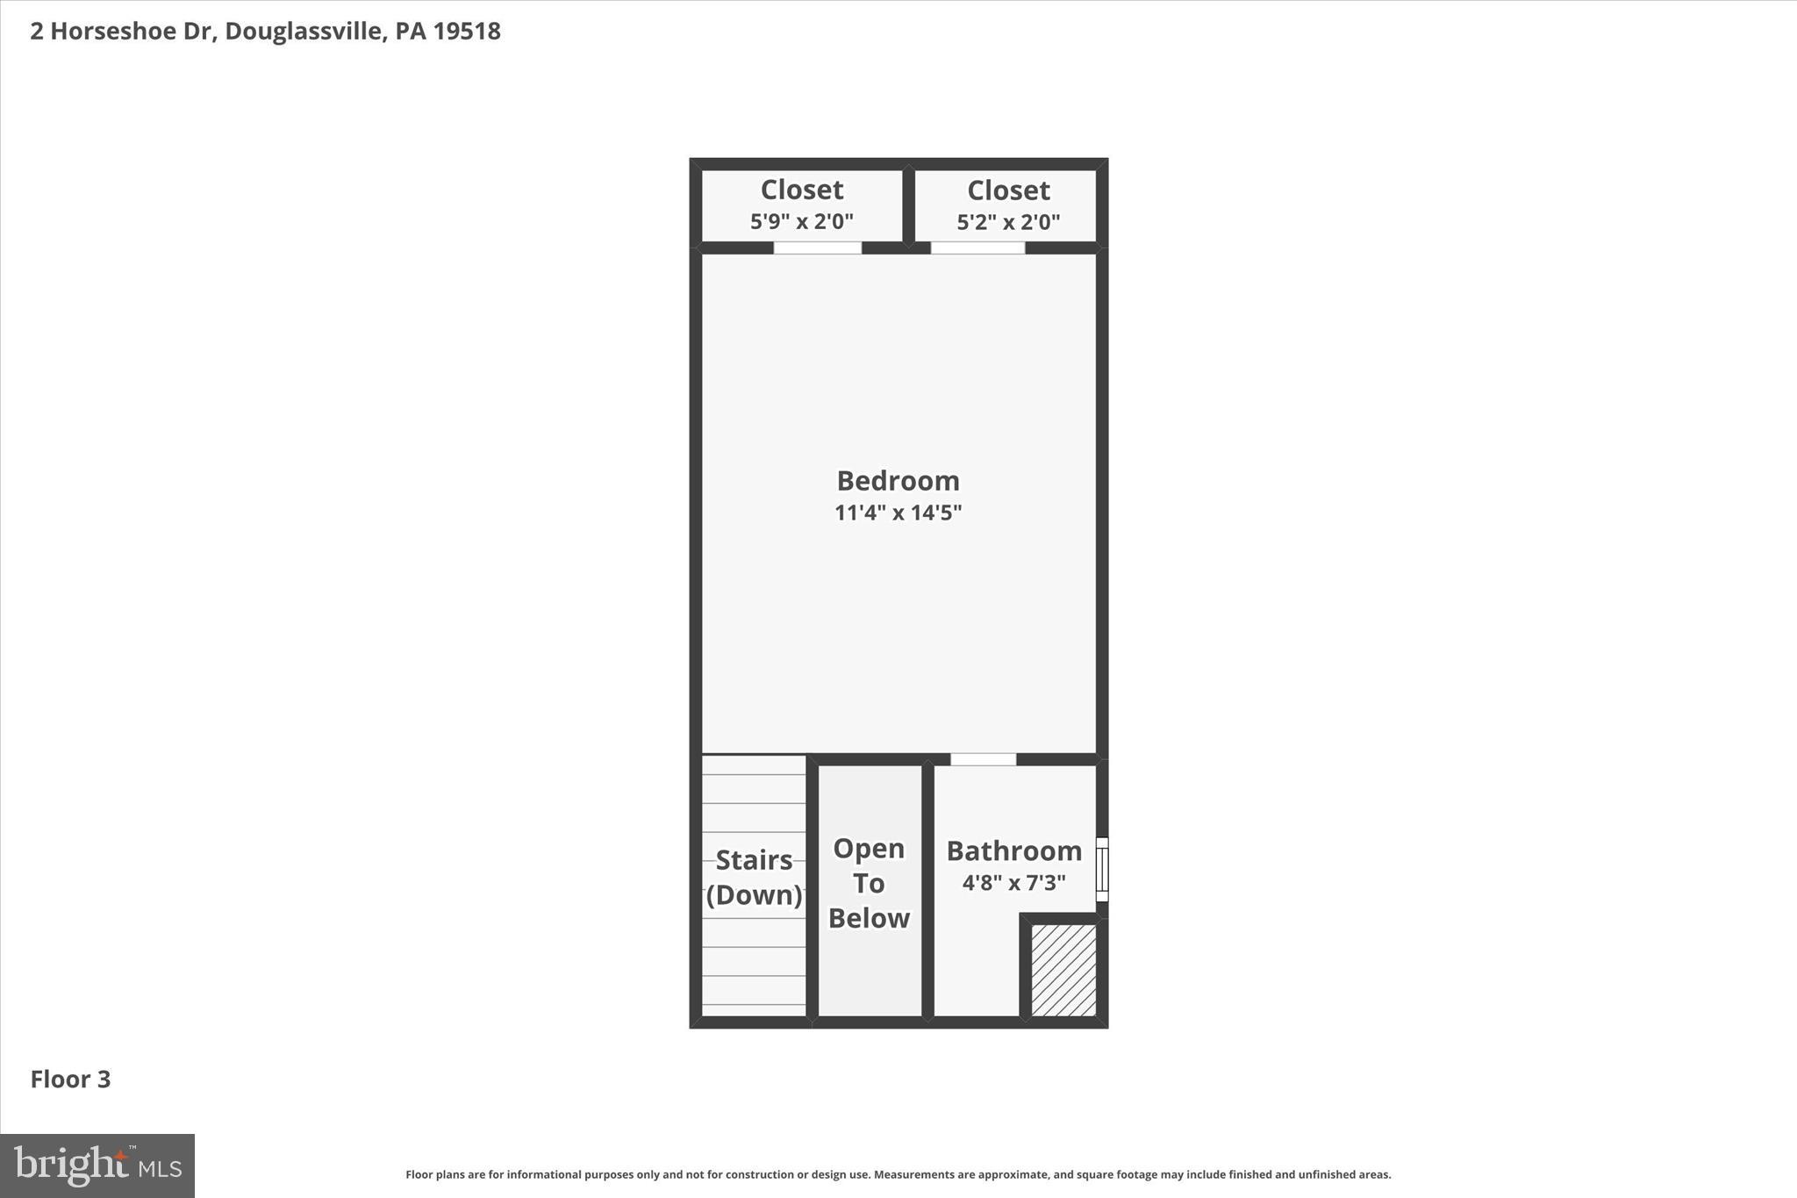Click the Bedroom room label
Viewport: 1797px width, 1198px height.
(898, 481)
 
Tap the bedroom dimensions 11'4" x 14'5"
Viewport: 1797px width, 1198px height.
(898, 513)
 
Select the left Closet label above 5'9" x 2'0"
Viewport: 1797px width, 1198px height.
(802, 190)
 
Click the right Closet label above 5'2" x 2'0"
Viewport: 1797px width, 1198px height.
(1008, 190)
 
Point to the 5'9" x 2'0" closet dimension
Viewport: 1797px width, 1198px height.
(802, 221)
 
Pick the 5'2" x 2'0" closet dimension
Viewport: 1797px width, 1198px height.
(1008, 222)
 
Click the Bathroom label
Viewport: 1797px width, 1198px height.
(1013, 850)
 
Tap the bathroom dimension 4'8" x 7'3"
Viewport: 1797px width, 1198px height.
(1013, 883)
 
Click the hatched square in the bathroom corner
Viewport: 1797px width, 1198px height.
(1063, 970)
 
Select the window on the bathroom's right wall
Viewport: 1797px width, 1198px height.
(1102, 869)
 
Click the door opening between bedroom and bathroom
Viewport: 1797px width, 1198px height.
(983, 759)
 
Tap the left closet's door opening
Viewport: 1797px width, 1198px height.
(817, 247)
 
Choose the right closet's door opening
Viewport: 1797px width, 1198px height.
(977, 247)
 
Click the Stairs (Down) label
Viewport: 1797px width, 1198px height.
(754, 877)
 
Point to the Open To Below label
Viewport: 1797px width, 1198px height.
(869, 883)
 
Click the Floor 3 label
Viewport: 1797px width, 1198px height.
(70, 1079)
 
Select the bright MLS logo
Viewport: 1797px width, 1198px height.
(97, 1166)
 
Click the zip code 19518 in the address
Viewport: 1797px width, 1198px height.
(467, 32)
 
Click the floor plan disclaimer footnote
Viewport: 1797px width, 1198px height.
(898, 1174)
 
